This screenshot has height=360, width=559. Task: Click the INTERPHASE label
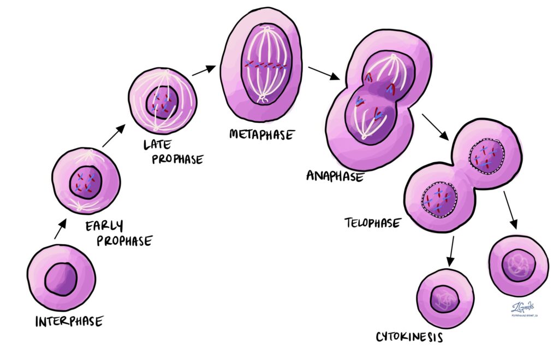(68, 321)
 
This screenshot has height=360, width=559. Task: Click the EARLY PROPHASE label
(118, 233)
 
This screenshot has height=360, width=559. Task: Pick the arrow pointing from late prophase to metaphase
(203, 70)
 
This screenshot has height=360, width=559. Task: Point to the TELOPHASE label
(373, 222)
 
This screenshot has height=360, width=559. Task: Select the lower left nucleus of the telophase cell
(440, 198)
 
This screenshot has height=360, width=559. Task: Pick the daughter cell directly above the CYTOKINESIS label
(444, 298)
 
